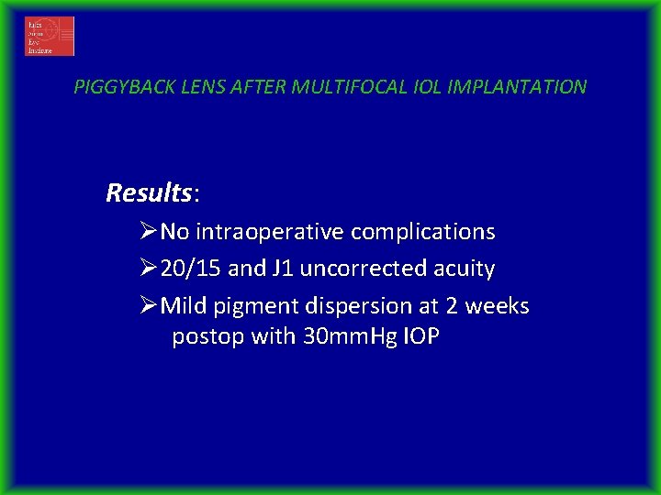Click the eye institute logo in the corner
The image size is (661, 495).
[50, 36]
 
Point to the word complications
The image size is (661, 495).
[424, 233]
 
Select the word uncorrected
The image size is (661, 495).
[362, 269]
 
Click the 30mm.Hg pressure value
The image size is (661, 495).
[349, 337]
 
